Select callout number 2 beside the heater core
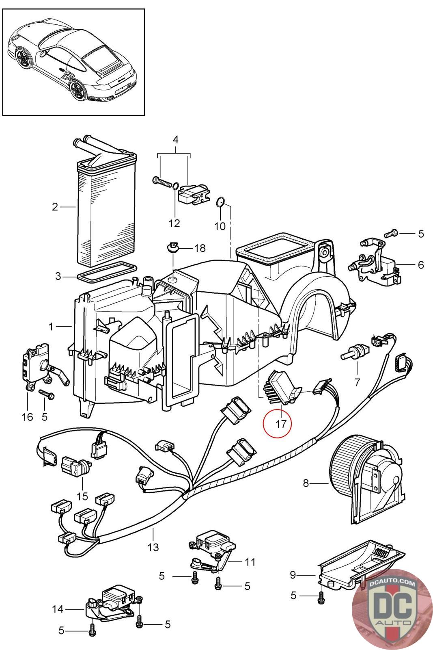56,207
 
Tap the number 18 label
200,248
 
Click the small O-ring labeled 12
175,186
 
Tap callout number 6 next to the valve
420,265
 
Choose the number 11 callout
250,562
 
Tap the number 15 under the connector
82,496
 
